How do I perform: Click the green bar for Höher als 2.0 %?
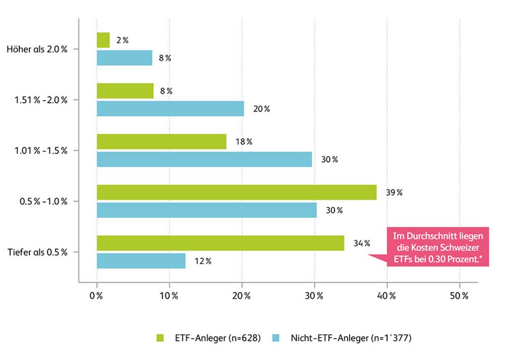coord(103,40)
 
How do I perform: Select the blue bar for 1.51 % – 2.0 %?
coord(170,109)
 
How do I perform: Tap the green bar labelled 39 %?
coord(236,192)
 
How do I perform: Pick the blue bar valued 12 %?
coord(141,261)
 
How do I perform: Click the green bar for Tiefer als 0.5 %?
coord(220,243)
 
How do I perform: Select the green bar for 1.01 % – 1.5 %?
coord(161,142)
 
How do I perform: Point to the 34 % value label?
coord(362,243)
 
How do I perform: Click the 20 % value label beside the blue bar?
coord(261,109)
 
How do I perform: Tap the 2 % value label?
coord(122,41)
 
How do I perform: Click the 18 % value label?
coord(244,142)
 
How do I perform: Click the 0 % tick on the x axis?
coord(96,296)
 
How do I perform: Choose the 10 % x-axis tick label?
coord(169,296)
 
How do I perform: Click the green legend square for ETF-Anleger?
coord(160,338)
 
